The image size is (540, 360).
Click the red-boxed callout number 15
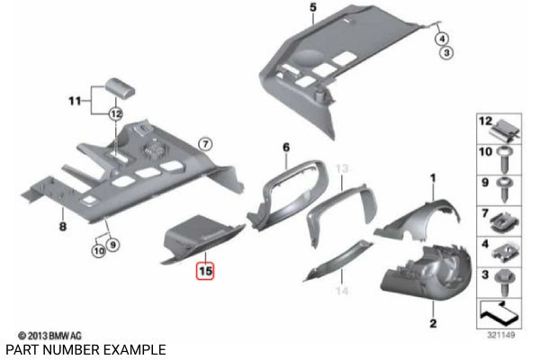(205, 269)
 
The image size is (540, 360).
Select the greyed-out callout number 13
(340, 169)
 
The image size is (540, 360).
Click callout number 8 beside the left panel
(62, 227)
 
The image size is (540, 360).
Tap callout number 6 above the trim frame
(286, 147)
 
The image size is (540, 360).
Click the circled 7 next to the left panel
(204, 144)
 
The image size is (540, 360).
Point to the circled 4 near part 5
(442, 39)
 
